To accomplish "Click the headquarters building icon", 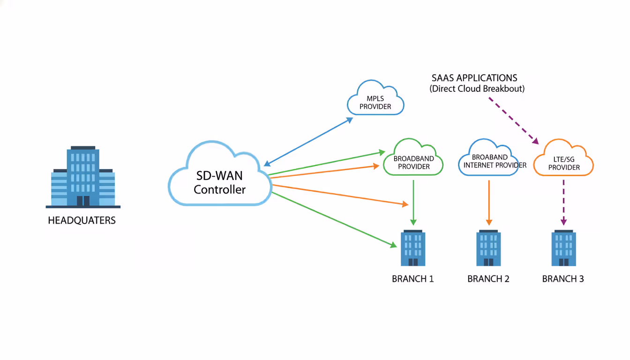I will (x=83, y=177).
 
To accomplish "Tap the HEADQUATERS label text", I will (x=82, y=220).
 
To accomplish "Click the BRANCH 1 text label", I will (x=413, y=279).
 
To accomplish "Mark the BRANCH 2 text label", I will (x=488, y=279).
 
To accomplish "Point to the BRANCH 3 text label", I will (x=563, y=279).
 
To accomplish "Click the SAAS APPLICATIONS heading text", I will (x=474, y=78).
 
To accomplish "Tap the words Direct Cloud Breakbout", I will (x=477, y=89).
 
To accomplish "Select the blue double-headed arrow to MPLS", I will (x=308, y=142).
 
